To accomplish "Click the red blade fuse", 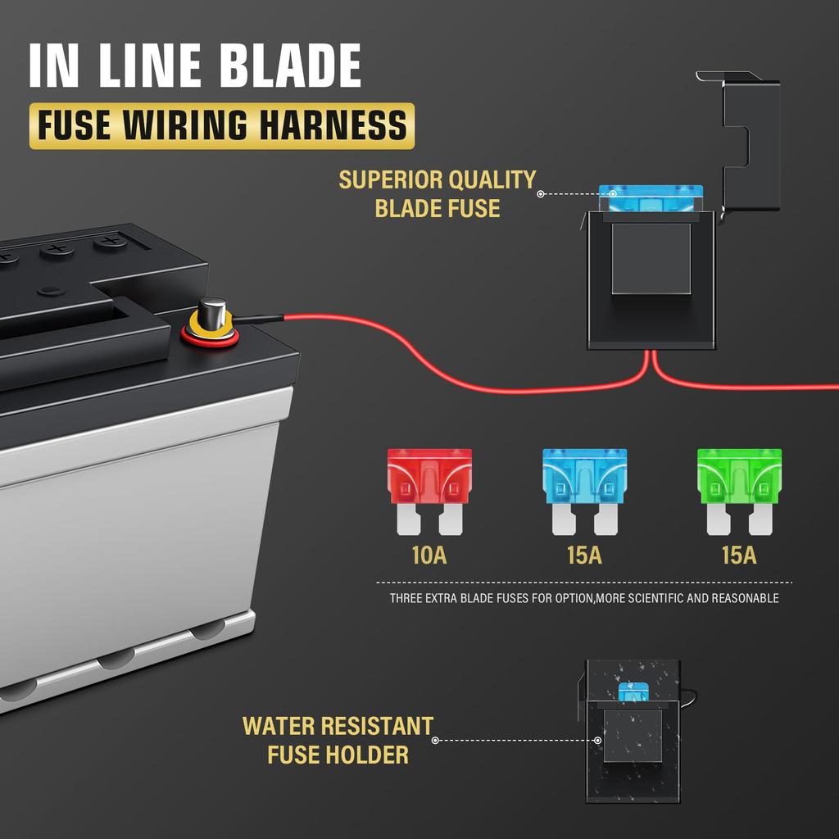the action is coord(429,492).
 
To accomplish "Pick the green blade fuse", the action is coord(739,492).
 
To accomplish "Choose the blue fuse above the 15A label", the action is coord(584,492).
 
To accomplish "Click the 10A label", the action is coord(429,556).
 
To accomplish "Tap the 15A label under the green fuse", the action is coord(739,556).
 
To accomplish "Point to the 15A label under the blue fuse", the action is coord(584,556).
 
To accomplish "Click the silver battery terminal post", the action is coord(212,312).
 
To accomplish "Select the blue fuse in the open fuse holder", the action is coord(650,198).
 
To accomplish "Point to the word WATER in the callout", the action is coord(278,727).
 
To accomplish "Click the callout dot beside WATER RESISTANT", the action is coord(436,741).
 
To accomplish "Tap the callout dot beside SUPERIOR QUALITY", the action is coord(541,193).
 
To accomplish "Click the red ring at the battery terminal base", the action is coord(210,335).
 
